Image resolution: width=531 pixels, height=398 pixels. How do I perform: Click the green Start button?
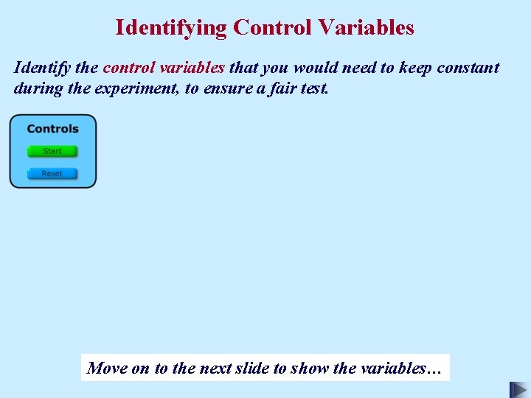coord(52,151)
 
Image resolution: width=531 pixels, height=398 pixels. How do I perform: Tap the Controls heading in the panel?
coord(52,129)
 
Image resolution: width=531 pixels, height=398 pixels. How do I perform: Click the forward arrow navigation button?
coord(518,389)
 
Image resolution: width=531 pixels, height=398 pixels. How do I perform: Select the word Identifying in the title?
coord(171,28)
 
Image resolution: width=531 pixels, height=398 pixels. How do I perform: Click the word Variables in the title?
coord(367,28)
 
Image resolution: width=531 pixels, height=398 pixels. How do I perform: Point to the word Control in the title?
coord(273,28)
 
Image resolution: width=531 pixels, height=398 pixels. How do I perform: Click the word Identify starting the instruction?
coord(41,69)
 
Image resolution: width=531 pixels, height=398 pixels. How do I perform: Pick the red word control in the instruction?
coord(129,68)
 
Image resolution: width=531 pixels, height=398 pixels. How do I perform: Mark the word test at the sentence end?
coord(315,89)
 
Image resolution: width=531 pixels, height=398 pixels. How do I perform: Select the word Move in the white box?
coord(107,368)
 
